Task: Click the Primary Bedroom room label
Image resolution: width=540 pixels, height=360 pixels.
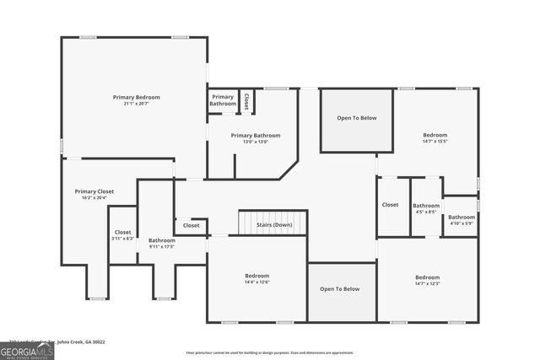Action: [x=136, y=97]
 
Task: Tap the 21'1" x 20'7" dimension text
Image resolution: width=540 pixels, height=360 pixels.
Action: [x=136, y=103]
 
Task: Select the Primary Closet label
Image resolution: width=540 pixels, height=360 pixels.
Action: [x=94, y=191]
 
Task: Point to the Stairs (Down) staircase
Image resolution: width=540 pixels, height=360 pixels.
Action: [x=273, y=223]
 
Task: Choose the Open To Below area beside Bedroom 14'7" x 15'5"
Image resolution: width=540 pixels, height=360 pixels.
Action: [x=356, y=119]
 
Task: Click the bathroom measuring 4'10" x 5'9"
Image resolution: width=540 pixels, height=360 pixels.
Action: [x=462, y=219]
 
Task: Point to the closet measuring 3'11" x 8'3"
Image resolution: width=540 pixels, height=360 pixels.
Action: [x=123, y=234]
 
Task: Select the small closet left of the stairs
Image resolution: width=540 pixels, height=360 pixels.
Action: [x=192, y=226]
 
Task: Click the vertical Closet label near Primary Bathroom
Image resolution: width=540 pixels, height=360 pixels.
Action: [x=246, y=101]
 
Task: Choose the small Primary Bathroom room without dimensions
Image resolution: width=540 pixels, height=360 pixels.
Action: [x=223, y=100]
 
